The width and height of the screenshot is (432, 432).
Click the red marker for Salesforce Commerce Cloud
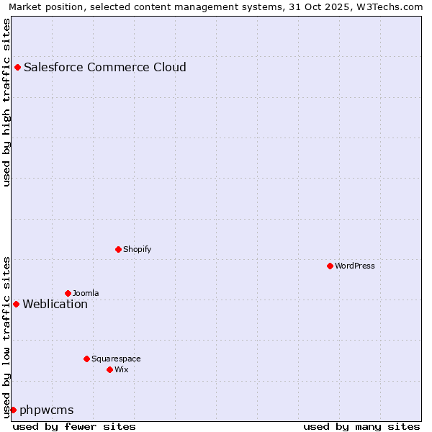17,68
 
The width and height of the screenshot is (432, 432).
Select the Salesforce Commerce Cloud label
105,68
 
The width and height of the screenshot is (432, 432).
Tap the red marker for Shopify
118,250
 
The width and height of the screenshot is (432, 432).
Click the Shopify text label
137,250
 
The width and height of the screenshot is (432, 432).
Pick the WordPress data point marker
330,266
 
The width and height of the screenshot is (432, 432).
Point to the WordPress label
355,266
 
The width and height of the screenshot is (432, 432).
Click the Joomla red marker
68,294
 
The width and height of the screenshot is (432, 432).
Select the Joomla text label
86,294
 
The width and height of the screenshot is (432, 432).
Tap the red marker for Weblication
16,305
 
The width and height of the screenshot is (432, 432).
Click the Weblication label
55,305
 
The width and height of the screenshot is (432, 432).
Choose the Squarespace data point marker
86,359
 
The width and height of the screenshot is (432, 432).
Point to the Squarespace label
116,359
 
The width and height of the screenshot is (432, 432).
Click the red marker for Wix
109,370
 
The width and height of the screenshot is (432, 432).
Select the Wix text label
122,370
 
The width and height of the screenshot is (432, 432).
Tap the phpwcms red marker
13,410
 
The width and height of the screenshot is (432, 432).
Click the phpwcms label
47,410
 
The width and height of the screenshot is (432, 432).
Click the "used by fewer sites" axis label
74,427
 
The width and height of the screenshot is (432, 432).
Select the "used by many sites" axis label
361,427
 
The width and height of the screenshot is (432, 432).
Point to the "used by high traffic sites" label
7,102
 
